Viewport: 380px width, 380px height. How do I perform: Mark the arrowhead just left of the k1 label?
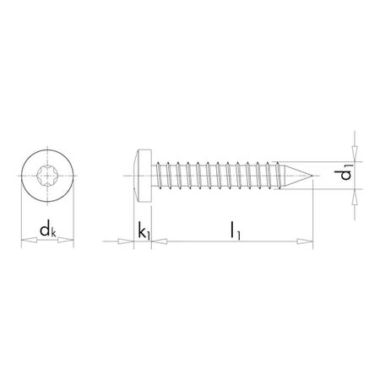coord(128,243)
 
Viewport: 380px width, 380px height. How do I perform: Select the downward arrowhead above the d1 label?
coord(355,153)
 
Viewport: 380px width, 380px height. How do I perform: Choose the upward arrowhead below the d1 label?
coord(355,197)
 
